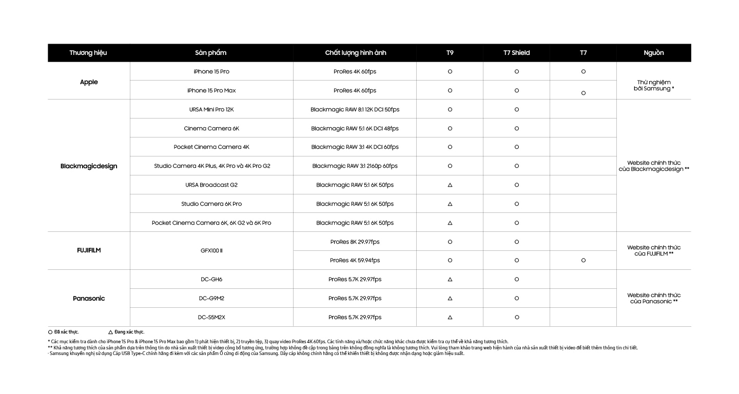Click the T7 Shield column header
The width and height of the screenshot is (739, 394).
[516, 53]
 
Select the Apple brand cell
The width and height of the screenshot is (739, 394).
[89, 82]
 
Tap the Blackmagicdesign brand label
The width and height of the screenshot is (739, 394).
[89, 166]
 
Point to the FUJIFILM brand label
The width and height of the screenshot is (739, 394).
[89, 251]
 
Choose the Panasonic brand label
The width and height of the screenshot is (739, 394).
[89, 299]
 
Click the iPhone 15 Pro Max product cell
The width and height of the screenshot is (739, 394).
[211, 91]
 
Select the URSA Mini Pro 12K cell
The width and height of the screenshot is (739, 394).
[211, 110]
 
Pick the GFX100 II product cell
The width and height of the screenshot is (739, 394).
[211, 251]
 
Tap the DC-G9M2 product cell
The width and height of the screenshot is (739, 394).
[211, 299]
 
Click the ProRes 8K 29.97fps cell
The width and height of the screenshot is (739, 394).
[355, 242]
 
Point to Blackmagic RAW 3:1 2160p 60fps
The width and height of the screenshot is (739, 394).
[355, 166]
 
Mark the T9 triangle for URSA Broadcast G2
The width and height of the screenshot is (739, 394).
[450, 185]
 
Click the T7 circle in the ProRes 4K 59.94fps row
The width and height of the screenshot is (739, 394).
[584, 261]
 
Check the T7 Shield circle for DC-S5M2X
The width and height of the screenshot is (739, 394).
[517, 318]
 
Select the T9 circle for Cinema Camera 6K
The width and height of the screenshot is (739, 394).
[450, 128]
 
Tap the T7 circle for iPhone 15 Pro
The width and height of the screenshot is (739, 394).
[584, 72]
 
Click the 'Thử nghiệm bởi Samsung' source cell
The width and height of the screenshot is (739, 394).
[654, 85]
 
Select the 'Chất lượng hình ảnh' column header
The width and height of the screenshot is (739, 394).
[355, 53]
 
